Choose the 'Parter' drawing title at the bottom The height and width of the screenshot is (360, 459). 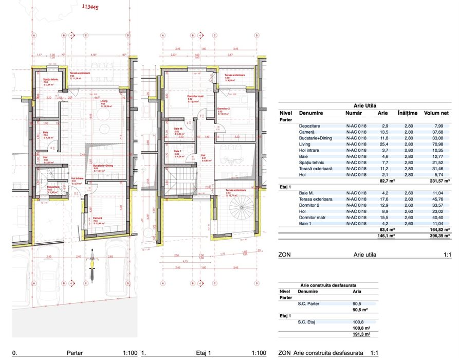click(76, 353)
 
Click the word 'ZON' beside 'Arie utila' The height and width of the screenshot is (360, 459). click(284, 254)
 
